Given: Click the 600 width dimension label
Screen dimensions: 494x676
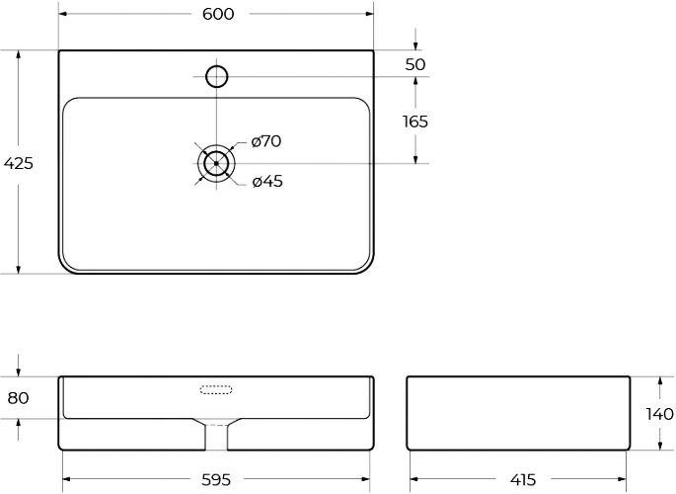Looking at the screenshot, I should (217, 14).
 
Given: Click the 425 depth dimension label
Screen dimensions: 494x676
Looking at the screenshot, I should (19, 164).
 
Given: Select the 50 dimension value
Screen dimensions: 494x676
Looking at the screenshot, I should (415, 64).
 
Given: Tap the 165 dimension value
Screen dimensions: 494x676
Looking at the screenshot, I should (415, 122).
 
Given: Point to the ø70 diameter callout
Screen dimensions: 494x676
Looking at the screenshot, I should (265, 141).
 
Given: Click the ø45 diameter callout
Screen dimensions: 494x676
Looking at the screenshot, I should (266, 181).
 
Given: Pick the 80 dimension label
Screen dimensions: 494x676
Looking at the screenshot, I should (19, 398).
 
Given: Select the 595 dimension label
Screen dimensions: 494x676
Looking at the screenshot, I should (216, 480).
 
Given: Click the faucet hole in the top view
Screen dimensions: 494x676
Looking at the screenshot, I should (216, 76).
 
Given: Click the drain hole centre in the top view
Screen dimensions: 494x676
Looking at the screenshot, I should (216, 163).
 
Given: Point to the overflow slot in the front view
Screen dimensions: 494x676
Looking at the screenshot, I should (216, 388).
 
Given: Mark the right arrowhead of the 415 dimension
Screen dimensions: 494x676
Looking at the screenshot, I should (625, 480).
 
